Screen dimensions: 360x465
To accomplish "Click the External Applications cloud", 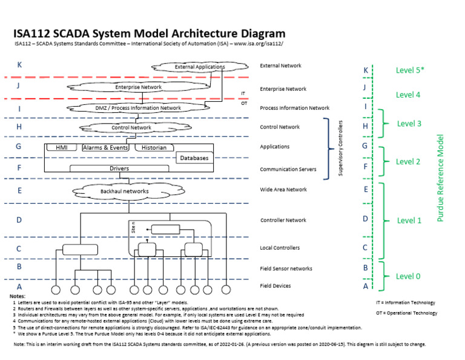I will (199, 67).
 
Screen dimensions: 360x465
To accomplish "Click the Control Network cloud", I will (131, 128).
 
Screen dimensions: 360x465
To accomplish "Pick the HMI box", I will (62, 147).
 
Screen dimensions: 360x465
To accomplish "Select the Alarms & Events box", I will (105, 147).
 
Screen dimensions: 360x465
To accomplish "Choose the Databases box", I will (194, 158).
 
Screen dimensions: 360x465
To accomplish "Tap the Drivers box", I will (119, 168).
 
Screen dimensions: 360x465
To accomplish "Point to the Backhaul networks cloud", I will (124, 192).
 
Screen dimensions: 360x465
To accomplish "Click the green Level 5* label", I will (409, 70).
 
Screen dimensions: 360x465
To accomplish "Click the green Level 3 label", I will (409, 124).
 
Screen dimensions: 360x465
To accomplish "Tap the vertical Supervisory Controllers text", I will (340, 148).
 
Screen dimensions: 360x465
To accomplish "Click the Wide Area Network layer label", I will (283, 190).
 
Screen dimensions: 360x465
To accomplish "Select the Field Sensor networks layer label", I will (286, 268).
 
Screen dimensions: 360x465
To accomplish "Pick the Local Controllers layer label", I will (280, 248).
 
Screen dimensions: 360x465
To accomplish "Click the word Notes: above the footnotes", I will (18, 296).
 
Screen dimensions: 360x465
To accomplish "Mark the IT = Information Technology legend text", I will (405, 302).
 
